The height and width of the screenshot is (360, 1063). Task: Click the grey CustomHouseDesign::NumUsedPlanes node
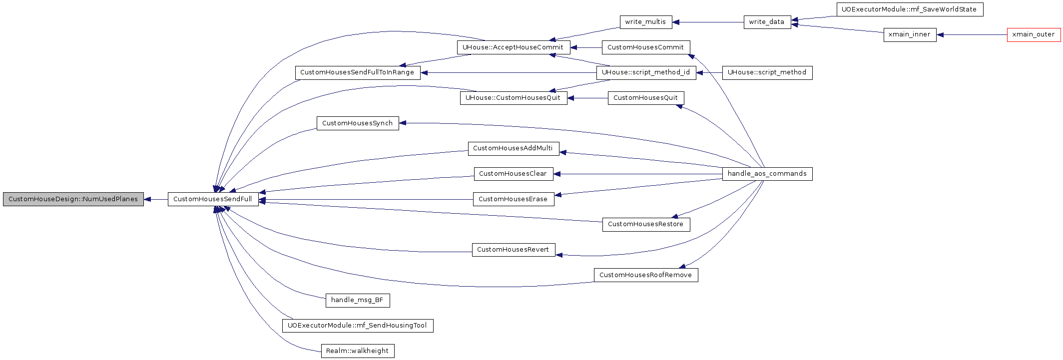[x=73, y=199]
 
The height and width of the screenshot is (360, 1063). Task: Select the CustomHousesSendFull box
[x=213, y=199]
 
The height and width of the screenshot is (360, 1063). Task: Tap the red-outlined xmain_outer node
[x=1034, y=35]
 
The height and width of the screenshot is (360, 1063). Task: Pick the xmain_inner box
[x=910, y=35]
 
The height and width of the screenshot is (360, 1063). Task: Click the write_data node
[x=767, y=22]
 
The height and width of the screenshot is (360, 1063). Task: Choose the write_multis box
[x=646, y=22]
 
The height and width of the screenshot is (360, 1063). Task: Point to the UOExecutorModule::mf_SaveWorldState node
[x=910, y=9]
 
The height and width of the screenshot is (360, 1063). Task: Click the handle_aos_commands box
[x=767, y=174]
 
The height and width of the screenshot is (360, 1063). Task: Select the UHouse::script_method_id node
[x=646, y=72]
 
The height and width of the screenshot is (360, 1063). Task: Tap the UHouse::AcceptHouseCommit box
[x=513, y=47]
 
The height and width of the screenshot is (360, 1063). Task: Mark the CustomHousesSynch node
[x=358, y=123]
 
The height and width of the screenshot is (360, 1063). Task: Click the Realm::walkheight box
[x=358, y=351]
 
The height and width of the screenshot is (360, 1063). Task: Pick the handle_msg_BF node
[x=358, y=300]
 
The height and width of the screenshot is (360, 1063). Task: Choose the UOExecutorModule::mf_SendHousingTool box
[x=358, y=326]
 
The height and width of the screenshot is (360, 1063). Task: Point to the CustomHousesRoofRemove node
[x=646, y=275]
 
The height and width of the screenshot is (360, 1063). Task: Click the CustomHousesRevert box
[x=513, y=250]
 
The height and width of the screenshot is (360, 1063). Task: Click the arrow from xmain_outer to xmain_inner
[x=972, y=35]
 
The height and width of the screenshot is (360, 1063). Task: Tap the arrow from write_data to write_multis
[x=708, y=22]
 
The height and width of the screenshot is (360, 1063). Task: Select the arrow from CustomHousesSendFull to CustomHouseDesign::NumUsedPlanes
[x=156, y=199]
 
